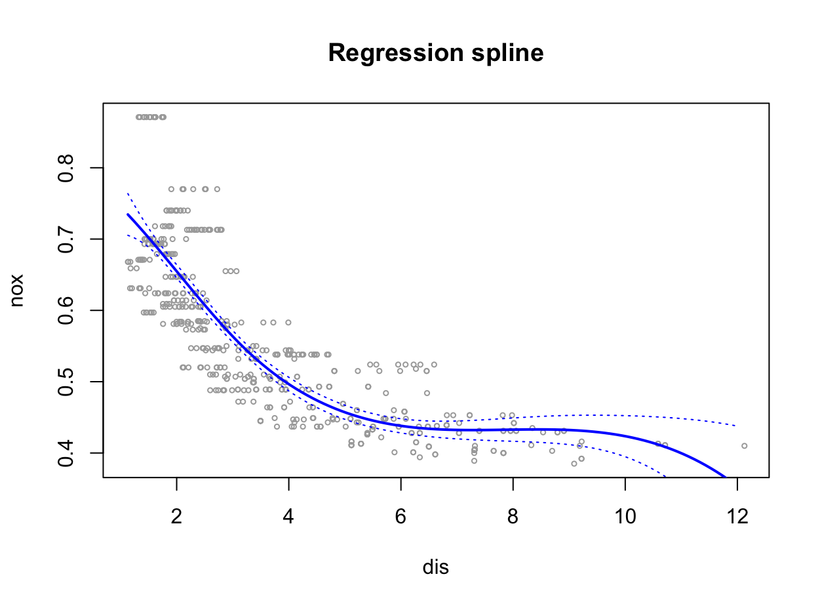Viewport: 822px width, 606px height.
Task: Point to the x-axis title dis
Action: [x=436, y=567]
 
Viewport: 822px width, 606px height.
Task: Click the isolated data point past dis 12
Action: [x=744, y=446]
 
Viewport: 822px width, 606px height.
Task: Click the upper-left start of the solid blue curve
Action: [x=128, y=214]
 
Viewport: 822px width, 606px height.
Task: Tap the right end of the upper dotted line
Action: [x=737, y=426]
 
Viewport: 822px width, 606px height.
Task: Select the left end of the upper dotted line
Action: [x=127, y=193]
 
